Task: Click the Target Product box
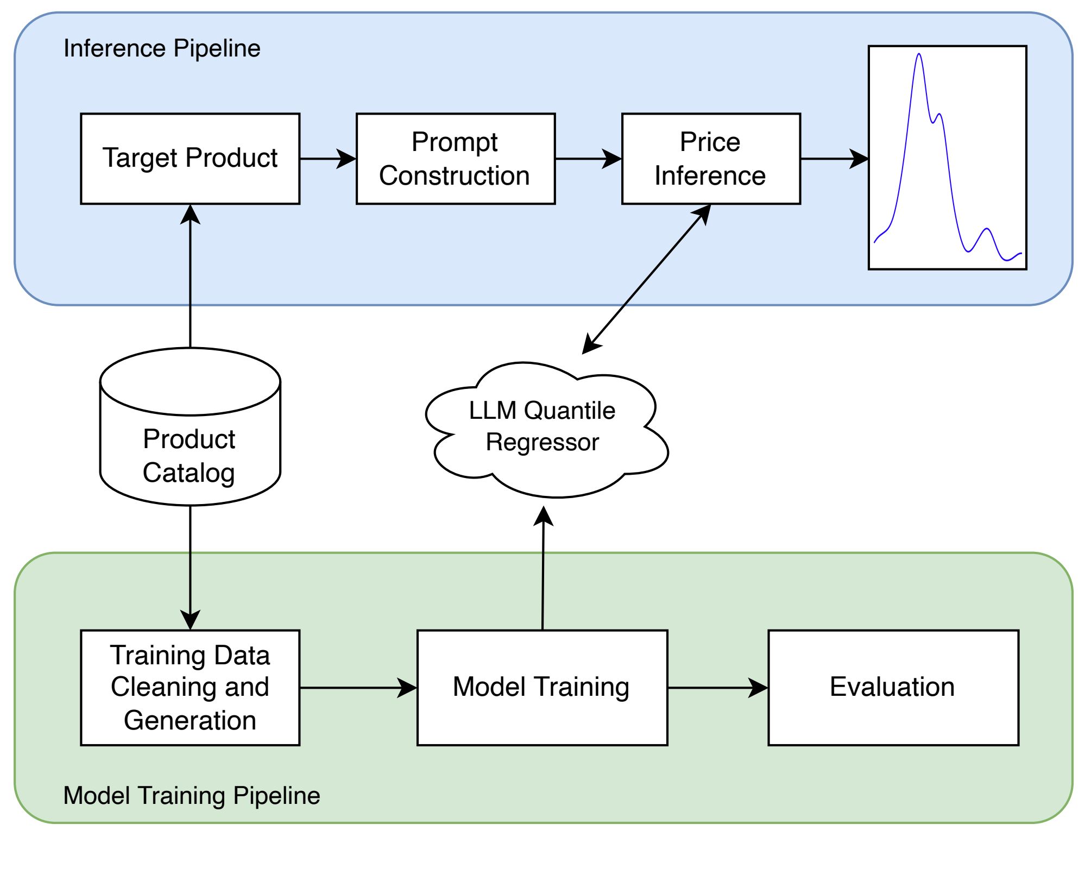(190, 159)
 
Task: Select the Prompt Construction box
(456, 159)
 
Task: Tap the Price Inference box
(711, 159)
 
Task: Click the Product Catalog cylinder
(190, 426)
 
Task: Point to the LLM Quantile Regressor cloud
(546, 429)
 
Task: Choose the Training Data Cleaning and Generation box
(190, 688)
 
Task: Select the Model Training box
(542, 688)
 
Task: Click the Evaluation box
(893, 688)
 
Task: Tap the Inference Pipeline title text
(162, 48)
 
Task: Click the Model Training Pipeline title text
(192, 796)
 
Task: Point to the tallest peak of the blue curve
(919, 54)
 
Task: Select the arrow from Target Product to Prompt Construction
(328, 159)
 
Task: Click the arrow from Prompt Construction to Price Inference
(589, 159)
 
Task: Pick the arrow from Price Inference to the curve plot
(835, 159)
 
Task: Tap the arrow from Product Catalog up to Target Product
(190, 276)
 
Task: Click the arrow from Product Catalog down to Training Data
(190, 568)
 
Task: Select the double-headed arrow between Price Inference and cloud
(646, 279)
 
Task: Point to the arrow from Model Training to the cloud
(543, 568)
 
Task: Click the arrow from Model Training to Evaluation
(718, 688)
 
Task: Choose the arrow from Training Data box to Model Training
(358, 688)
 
